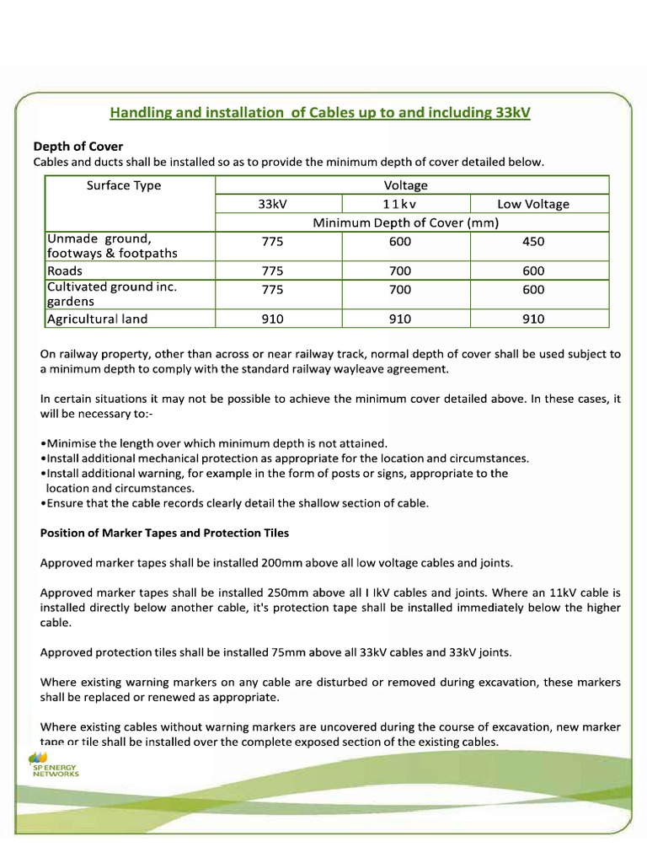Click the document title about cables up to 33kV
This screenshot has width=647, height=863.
(321, 113)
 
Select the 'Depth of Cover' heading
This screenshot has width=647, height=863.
(78, 147)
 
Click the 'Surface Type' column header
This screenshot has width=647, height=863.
(124, 185)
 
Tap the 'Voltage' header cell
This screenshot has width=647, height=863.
(405, 185)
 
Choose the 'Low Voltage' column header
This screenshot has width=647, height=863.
(532, 204)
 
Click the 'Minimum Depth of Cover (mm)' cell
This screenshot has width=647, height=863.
(405, 222)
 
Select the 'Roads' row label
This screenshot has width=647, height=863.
(65, 271)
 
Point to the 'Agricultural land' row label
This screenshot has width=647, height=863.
(97, 319)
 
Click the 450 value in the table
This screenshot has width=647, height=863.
(532, 242)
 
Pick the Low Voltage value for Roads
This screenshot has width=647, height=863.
(532, 271)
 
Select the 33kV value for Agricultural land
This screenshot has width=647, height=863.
(273, 319)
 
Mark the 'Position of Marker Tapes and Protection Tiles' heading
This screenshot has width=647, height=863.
(164, 533)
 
